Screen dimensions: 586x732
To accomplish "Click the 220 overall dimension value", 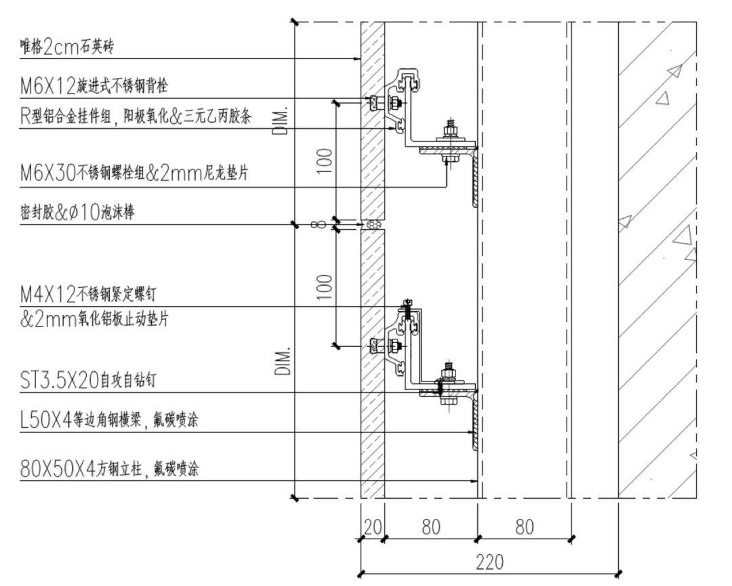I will click(489, 562).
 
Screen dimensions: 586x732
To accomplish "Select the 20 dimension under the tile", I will click(372, 526).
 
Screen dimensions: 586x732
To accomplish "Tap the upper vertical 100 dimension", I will click(325, 161).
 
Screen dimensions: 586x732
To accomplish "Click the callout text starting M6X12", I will click(94, 87).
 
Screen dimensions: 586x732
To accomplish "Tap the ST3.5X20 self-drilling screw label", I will click(88, 380).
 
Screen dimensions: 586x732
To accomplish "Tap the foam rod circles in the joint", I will click(373, 224).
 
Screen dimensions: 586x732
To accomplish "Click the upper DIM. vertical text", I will click(283, 121).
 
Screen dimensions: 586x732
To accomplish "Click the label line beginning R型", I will click(136, 117).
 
